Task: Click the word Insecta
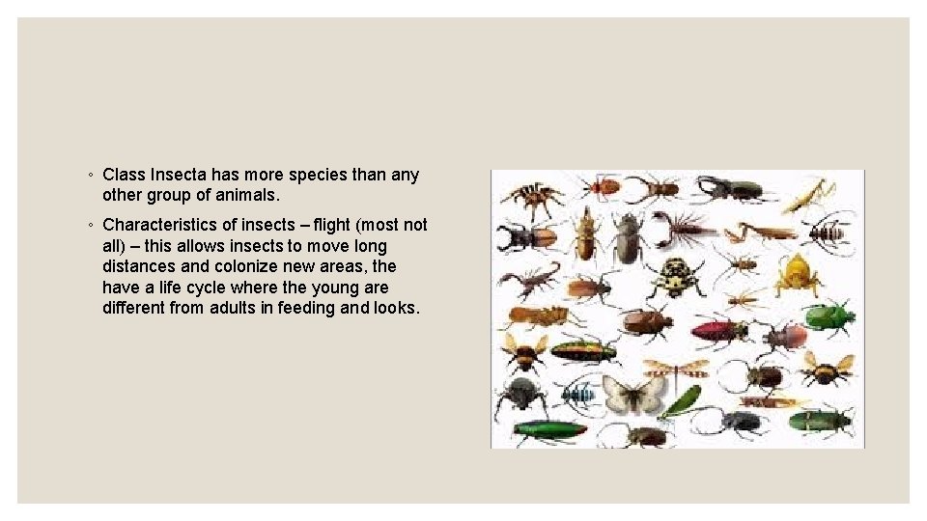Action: click(176, 175)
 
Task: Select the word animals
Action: click(246, 195)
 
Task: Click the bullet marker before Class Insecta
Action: click(89, 176)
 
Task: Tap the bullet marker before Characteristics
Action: click(89, 226)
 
